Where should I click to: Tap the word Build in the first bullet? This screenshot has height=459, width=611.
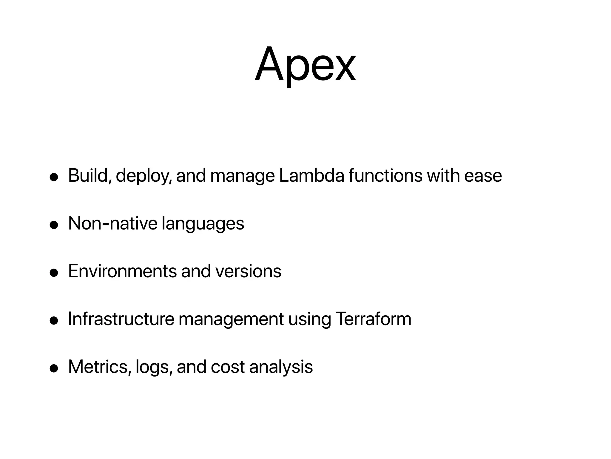pyautogui.click(x=88, y=175)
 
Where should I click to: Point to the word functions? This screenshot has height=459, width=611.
pyautogui.click(x=385, y=175)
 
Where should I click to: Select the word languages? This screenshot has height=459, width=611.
pyautogui.click(x=203, y=224)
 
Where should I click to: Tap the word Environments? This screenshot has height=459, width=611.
pyautogui.click(x=122, y=271)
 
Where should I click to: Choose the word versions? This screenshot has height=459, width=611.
pyautogui.click(x=248, y=272)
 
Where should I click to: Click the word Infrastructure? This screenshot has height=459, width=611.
pyautogui.click(x=121, y=319)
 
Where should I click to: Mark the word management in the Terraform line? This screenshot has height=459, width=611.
pyautogui.click(x=231, y=319)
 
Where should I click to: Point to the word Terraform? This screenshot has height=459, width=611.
pyautogui.click(x=374, y=319)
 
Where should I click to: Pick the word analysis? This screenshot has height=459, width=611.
pyautogui.click(x=281, y=367)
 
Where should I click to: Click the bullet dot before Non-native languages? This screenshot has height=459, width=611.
pyautogui.click(x=54, y=225)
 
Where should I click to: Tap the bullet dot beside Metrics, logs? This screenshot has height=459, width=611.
pyautogui.click(x=54, y=368)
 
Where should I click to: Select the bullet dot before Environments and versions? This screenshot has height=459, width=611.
pyautogui.click(x=54, y=273)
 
